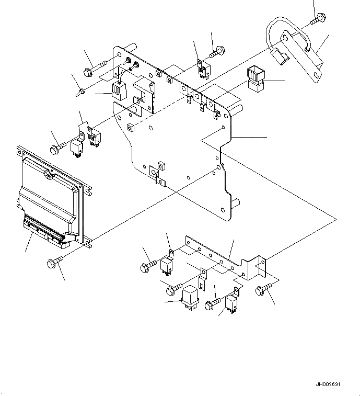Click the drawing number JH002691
coord(328,384)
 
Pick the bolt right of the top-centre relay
coord(217,53)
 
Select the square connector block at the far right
coord(256,79)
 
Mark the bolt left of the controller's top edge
coord(56,148)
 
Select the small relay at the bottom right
coord(231,304)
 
